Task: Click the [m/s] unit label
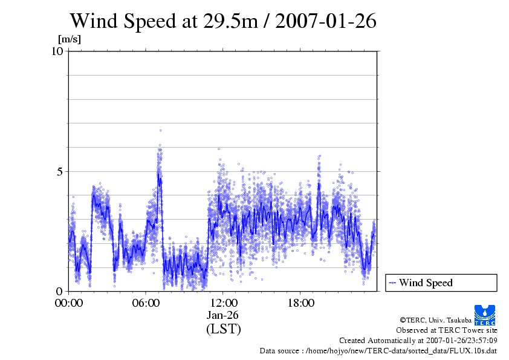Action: (69, 40)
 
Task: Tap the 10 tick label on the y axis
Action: (57, 51)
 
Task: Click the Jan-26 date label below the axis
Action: (223, 315)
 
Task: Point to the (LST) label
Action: (223, 329)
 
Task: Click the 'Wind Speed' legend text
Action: (426, 283)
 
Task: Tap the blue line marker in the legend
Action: (392, 283)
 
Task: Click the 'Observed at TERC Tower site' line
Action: (446, 330)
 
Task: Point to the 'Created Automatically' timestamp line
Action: (418, 340)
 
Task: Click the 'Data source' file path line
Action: (378, 350)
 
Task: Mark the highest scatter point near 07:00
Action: (161, 130)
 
